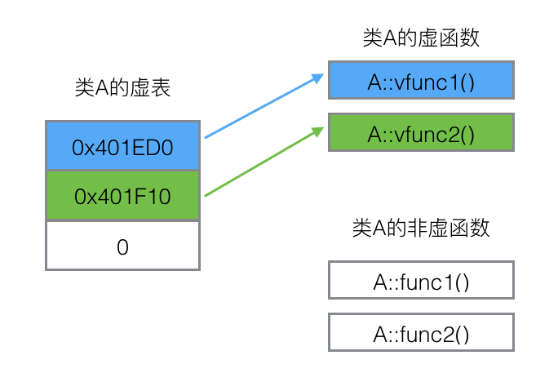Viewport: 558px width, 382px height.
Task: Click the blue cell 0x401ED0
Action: (122, 148)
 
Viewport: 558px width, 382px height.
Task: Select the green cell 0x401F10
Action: (122, 196)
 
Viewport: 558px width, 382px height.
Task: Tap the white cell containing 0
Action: (122, 246)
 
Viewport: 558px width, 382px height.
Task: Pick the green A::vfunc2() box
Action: (420, 132)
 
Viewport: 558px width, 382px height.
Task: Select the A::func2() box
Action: (420, 333)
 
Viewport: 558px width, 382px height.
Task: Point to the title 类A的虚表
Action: (122, 88)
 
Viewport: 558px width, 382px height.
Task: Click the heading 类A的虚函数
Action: (420, 38)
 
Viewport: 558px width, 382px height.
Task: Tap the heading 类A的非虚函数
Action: (420, 228)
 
